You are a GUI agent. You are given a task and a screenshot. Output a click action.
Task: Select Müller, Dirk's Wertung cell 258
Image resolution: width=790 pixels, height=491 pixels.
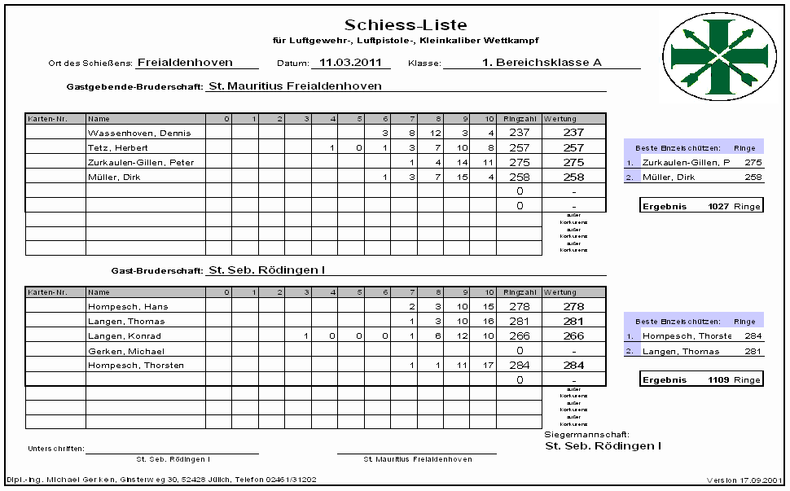coord(573,177)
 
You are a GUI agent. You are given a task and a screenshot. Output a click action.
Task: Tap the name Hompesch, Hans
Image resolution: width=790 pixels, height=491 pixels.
coord(116,307)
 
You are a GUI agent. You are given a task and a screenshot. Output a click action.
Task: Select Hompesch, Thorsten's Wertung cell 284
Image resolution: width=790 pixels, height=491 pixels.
coord(573,366)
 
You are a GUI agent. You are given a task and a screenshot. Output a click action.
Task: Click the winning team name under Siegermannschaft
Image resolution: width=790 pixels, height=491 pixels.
coord(603,445)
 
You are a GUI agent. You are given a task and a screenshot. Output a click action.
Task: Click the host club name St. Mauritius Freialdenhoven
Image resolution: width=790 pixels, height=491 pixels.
coord(295,85)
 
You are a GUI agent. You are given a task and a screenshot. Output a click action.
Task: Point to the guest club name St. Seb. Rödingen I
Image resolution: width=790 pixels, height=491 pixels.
coord(272,270)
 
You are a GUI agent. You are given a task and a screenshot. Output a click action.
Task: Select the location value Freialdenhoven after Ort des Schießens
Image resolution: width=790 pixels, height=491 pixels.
coord(185,62)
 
